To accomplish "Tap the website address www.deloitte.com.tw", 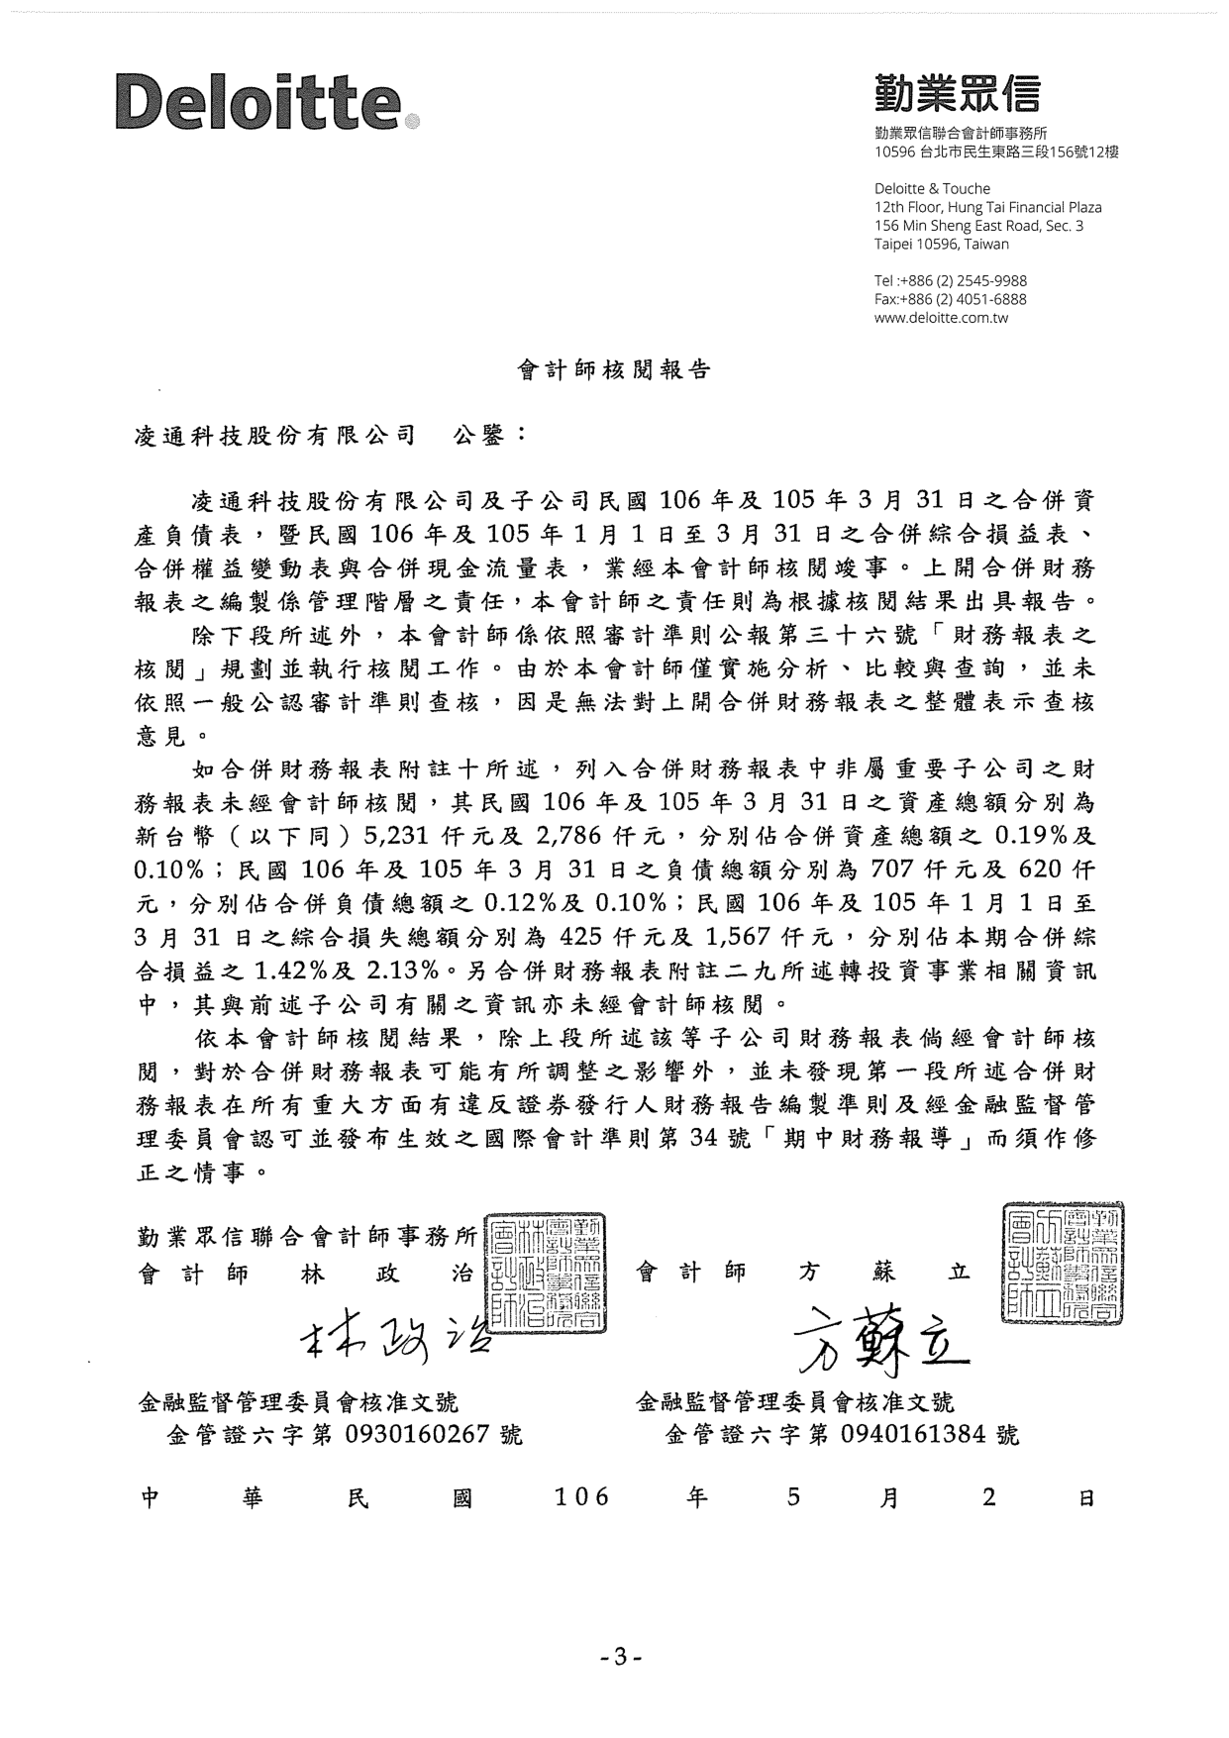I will tap(941, 318).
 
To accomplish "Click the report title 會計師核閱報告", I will tap(614, 370).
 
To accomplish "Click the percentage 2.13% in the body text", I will tap(404, 968).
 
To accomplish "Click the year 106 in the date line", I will tap(581, 1498).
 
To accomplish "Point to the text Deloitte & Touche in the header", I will tap(932, 188).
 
